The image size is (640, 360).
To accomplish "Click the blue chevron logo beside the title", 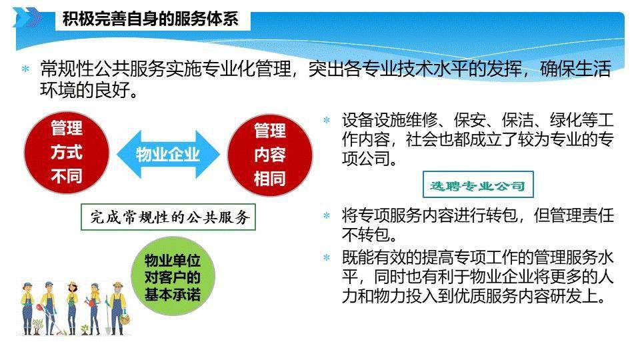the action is pyautogui.click(x=27, y=17).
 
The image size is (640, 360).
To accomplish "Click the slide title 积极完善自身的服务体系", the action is pyautogui.click(x=150, y=19).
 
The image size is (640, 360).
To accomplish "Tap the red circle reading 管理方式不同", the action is pyautogui.click(x=67, y=152).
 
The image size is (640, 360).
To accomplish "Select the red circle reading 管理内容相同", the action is pyautogui.click(x=270, y=155).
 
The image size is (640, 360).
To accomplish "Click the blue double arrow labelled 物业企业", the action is pyautogui.click(x=168, y=154).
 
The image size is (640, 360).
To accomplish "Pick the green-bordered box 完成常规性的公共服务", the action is pyautogui.click(x=168, y=217).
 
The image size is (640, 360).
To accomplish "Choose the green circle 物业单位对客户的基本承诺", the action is pyautogui.click(x=173, y=276).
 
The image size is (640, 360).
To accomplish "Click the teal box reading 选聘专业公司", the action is pyautogui.click(x=478, y=185).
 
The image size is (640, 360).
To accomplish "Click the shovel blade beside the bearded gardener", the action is pyautogui.click(x=108, y=329).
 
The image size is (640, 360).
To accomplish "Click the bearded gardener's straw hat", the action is pyautogui.click(x=118, y=285).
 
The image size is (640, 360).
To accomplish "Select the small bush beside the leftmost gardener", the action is pyautogui.click(x=37, y=325).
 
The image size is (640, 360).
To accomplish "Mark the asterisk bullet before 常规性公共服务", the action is pyautogui.click(x=26, y=69).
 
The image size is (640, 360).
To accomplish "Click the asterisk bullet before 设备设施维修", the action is pyautogui.click(x=327, y=120).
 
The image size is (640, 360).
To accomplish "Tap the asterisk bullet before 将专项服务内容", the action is pyautogui.click(x=327, y=215).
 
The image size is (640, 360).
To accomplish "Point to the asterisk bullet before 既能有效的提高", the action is pyautogui.click(x=327, y=257).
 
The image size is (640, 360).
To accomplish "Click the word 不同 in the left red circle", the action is pyautogui.click(x=67, y=177).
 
